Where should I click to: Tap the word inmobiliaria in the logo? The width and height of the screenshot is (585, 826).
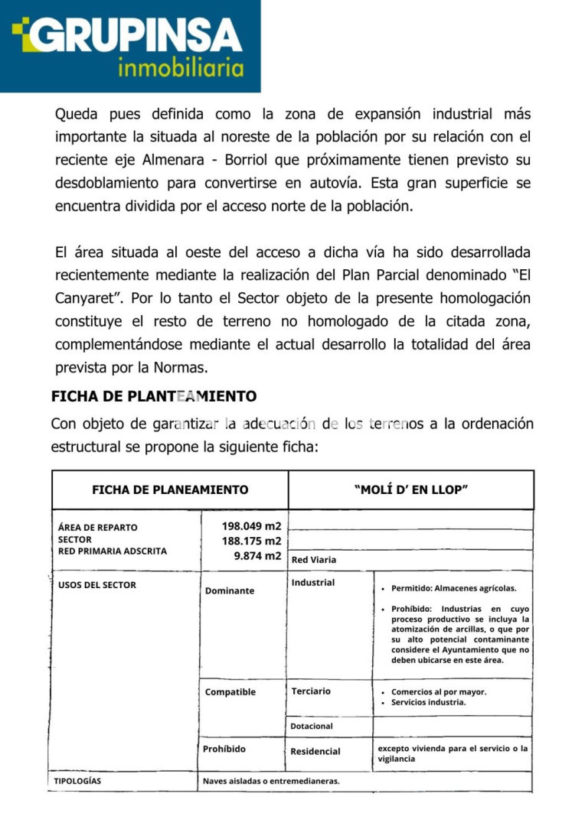pyautogui.click(x=181, y=69)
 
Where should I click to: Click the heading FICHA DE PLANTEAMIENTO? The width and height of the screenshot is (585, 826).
pyautogui.click(x=154, y=396)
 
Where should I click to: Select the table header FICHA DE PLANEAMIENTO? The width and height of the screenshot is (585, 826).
pyautogui.click(x=170, y=490)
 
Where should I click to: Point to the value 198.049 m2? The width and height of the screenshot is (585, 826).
pyautogui.click(x=251, y=526)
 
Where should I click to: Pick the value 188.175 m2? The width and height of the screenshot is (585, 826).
pyautogui.click(x=251, y=541)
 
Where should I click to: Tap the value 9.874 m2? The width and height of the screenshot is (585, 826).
pyautogui.click(x=257, y=556)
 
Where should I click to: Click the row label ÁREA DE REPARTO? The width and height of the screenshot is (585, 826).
pyautogui.click(x=98, y=528)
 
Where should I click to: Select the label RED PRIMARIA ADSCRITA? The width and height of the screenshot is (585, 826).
pyautogui.click(x=112, y=551)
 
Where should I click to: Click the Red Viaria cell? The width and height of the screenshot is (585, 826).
pyautogui.click(x=314, y=560)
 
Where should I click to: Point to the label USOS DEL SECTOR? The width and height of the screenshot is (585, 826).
pyautogui.click(x=97, y=585)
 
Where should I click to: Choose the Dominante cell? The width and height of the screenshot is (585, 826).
pyautogui.click(x=230, y=591)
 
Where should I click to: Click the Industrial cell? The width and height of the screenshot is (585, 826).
pyautogui.click(x=313, y=583)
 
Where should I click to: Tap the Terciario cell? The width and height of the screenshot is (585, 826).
pyautogui.click(x=312, y=691)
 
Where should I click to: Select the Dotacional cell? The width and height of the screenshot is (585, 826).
pyautogui.click(x=312, y=726)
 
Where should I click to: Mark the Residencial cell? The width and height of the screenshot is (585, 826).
pyautogui.click(x=315, y=752)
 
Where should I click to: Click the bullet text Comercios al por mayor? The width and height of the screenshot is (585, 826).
pyautogui.click(x=439, y=692)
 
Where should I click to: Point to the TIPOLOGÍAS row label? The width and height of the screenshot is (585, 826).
pyautogui.click(x=77, y=782)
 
